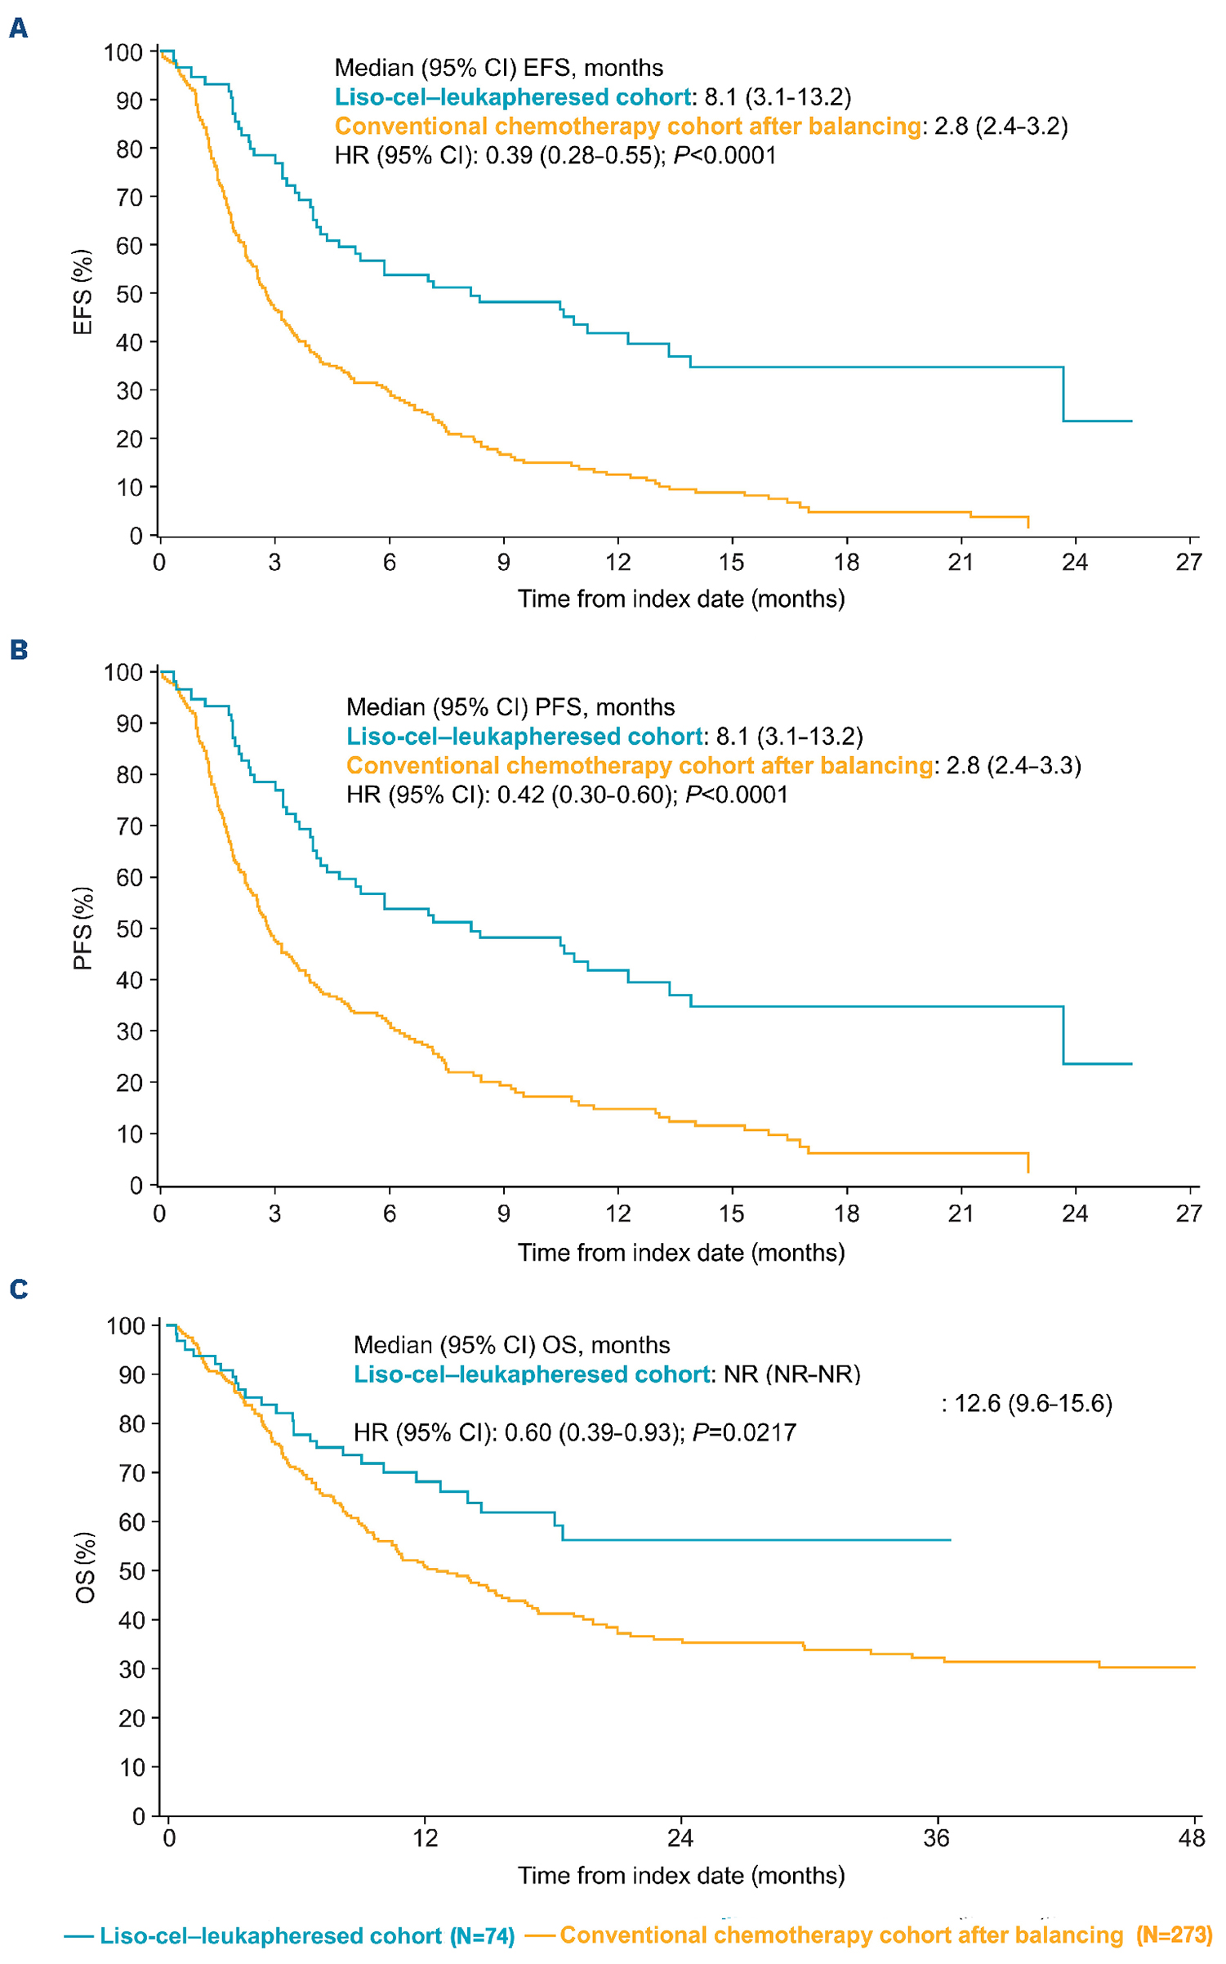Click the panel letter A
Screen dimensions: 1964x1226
[18, 29]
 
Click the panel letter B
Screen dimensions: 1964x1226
[18, 650]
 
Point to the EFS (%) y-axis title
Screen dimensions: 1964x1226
[83, 292]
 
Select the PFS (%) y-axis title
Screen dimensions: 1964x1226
[83, 929]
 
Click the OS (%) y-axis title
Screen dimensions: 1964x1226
[85, 1567]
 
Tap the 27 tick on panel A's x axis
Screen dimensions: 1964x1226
[1188, 562]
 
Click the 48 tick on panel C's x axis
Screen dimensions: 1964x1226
[1192, 1838]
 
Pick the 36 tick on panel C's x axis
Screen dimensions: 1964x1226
[936, 1838]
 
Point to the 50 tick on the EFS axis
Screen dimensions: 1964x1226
[129, 294]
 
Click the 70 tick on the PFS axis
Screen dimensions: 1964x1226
[129, 826]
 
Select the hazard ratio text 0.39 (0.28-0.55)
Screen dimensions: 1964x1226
[573, 155]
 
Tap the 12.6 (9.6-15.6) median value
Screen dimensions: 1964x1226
[1033, 1403]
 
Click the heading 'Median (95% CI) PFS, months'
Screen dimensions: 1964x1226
[510, 707]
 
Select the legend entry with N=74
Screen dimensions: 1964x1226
[290, 1936]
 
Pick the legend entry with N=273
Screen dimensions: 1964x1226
[869, 1935]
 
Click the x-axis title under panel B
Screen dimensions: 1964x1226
[680, 1253]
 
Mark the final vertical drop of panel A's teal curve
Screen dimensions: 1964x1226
[1063, 394]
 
